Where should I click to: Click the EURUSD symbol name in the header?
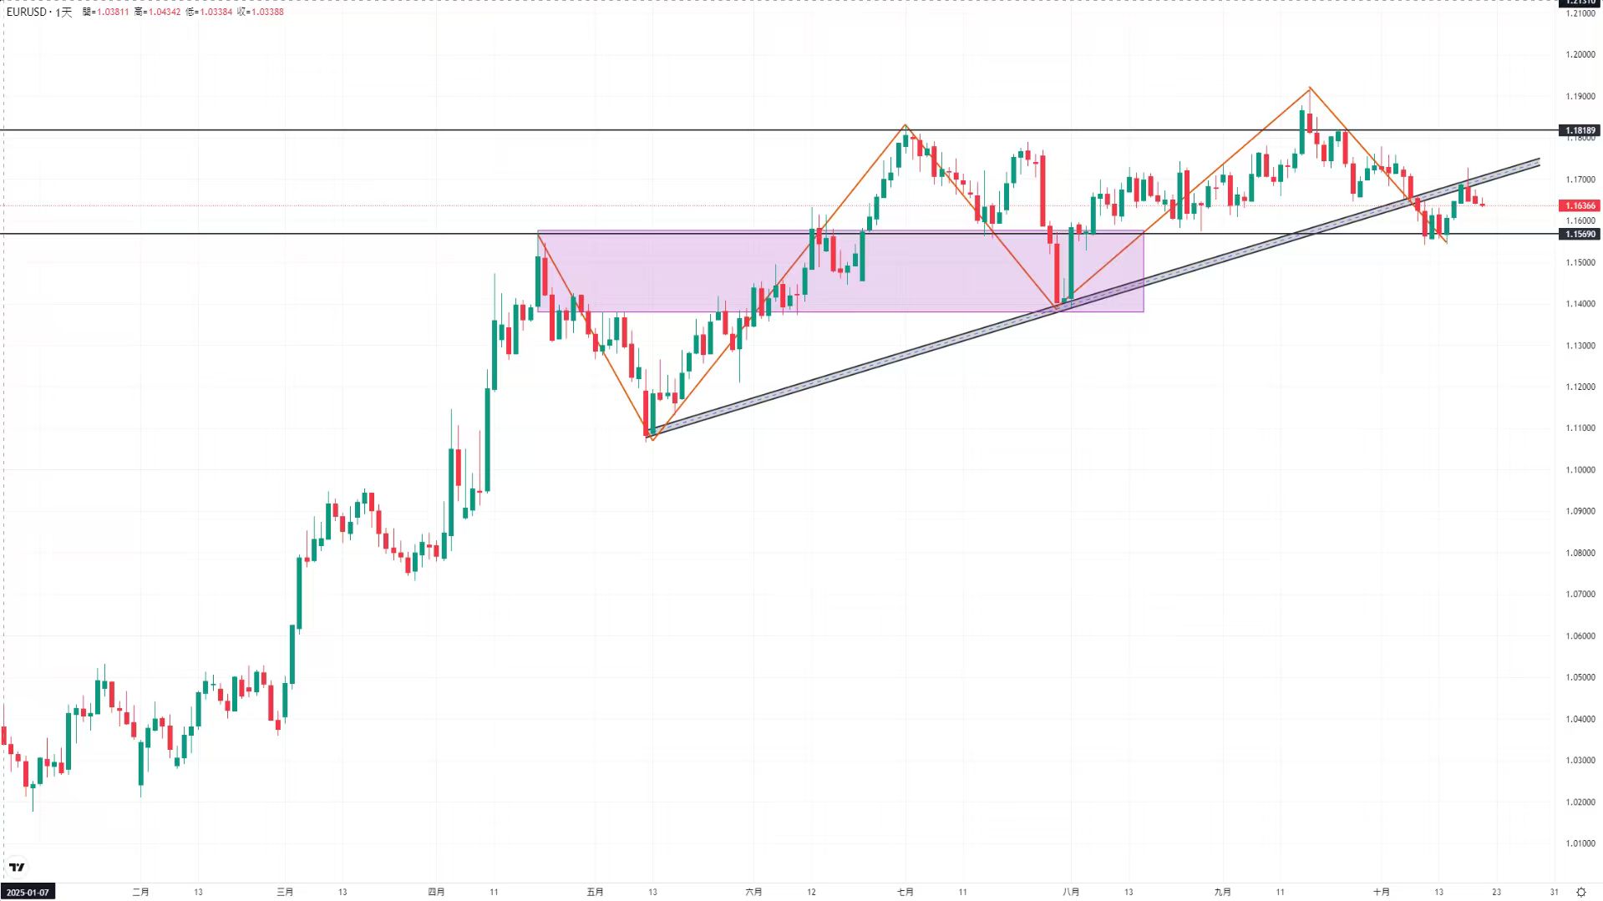pos(26,12)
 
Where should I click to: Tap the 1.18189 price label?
pos(1580,130)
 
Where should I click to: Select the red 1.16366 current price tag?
pos(1580,205)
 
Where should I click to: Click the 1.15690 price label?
pos(1580,234)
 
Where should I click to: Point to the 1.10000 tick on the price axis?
pos(1580,469)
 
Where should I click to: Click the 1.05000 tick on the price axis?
pos(1580,677)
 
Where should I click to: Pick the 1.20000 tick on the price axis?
pos(1580,54)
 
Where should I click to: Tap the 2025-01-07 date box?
pos(28,892)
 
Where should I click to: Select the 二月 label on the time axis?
pos(140,892)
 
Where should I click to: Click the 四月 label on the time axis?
pos(436,892)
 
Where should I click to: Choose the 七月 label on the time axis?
pos(905,892)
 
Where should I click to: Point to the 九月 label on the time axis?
pos(1222,892)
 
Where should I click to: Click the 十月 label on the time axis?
pos(1381,892)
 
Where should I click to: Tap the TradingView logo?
pos(17,867)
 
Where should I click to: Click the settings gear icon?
pos(1580,892)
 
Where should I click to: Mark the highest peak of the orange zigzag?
pos(1310,88)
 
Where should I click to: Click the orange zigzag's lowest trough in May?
pos(652,439)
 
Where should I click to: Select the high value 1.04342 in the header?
pos(163,12)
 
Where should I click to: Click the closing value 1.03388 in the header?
pos(266,12)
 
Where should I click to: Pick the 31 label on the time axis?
pos(1554,892)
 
